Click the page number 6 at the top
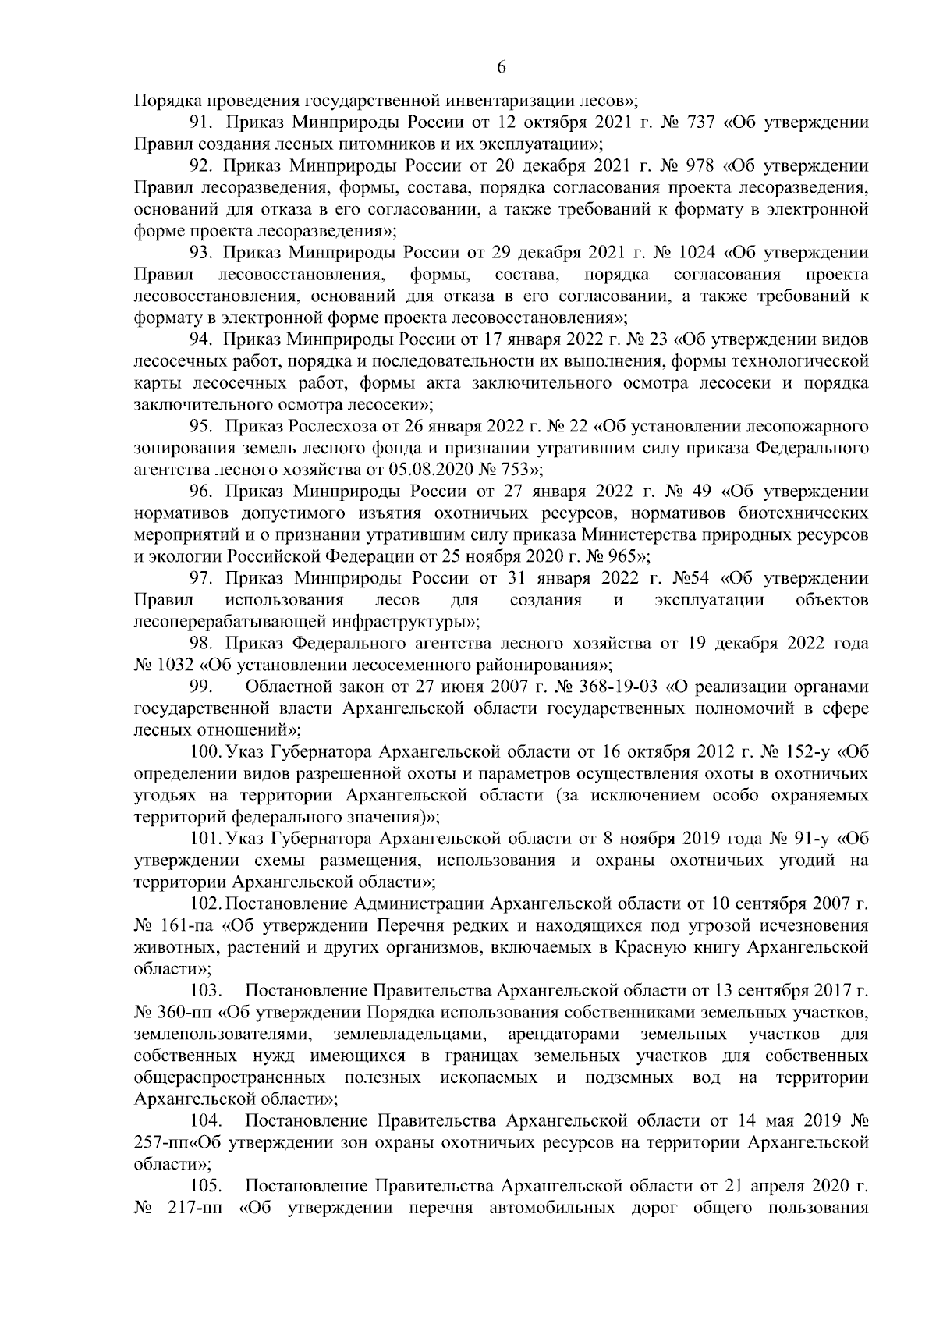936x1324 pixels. pyautogui.click(x=502, y=68)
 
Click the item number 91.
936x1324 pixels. pyautogui.click(x=204, y=122)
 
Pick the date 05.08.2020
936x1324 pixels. pyautogui.click(x=431, y=470)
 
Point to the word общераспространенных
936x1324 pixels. pyautogui.click(x=231, y=1077)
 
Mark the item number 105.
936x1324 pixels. pyautogui.click(x=207, y=1187)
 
